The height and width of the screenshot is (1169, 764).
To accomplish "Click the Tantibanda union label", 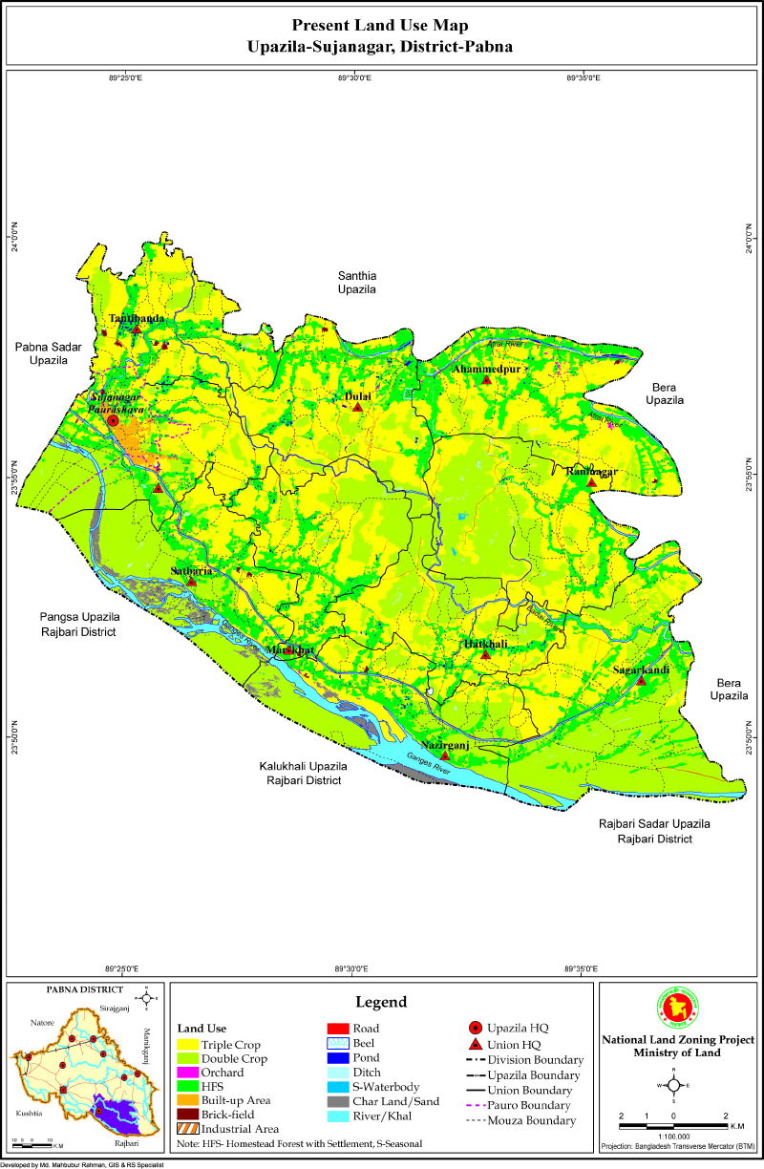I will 135,318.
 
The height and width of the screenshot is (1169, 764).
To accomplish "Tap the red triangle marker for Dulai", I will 357,407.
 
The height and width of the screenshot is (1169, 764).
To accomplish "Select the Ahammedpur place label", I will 486,369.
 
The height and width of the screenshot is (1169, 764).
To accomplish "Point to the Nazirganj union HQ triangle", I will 444,756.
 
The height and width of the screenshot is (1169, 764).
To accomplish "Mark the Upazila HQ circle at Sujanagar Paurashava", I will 113,420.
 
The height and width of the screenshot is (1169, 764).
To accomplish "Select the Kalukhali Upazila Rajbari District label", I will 303,774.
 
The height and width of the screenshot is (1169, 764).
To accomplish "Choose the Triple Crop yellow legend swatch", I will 187,1045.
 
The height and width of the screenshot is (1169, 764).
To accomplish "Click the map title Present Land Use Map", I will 380,25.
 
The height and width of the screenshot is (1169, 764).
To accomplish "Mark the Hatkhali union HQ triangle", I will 485,655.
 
